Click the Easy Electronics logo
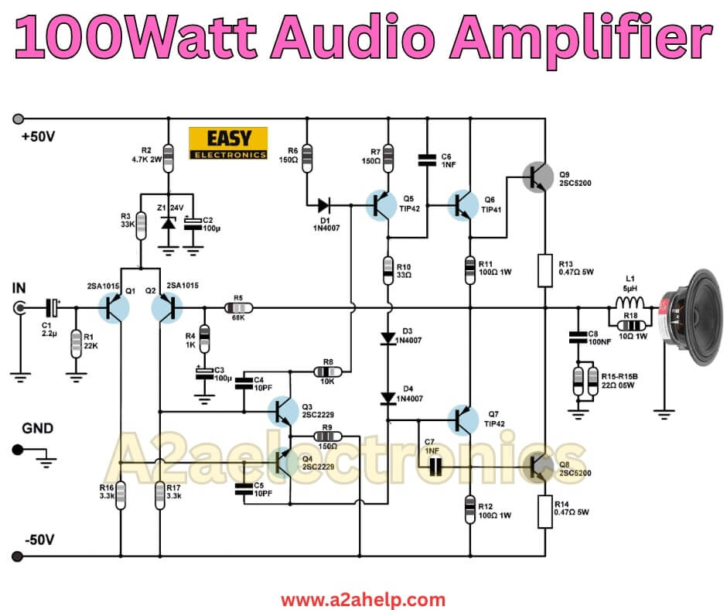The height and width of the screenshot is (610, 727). click(228, 143)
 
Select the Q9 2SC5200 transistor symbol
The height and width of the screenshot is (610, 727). click(534, 177)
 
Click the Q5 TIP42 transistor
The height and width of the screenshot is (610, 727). click(383, 206)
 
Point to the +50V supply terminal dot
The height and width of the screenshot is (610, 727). click(17, 119)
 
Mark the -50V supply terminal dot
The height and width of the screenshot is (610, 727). click(17, 556)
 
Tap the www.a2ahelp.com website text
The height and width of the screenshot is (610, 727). click(363, 599)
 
